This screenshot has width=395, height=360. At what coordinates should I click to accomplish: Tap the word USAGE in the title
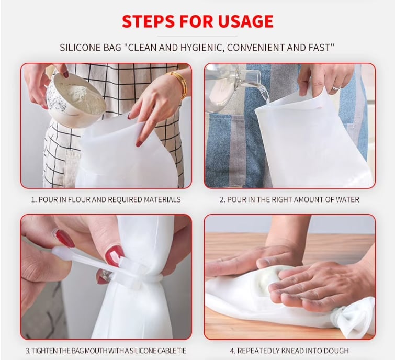(245, 21)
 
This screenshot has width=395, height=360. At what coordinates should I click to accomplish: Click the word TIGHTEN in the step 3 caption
(41, 351)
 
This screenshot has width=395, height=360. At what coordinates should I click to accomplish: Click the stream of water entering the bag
(266, 95)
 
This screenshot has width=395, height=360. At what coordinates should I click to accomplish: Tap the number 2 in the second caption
(222, 199)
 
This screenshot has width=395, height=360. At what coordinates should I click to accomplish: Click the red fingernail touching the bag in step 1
(139, 143)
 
